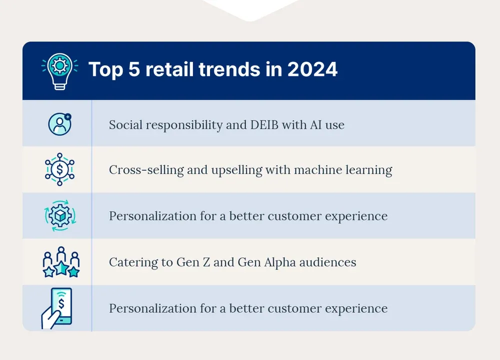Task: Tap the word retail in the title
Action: click(x=169, y=70)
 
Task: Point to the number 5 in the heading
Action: click(x=133, y=70)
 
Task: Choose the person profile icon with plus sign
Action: click(x=59, y=123)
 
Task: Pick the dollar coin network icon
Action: click(x=59, y=169)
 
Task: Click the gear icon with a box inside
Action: click(x=59, y=215)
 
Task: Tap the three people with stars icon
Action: click(x=61, y=262)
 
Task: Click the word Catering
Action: click(x=129, y=262)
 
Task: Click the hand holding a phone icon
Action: click(x=56, y=308)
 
